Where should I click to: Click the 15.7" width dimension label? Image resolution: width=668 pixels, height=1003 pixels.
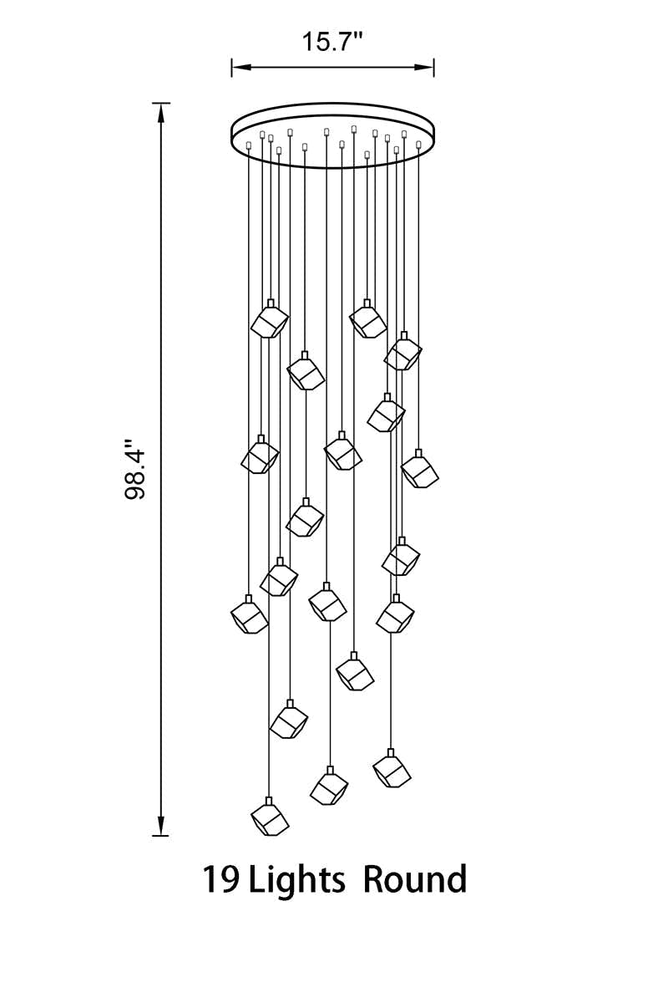click(332, 42)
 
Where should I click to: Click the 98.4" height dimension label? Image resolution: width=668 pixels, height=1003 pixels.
click(135, 469)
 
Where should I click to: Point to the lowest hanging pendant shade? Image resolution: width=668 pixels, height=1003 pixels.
click(270, 817)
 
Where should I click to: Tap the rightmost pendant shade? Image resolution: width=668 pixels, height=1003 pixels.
click(420, 469)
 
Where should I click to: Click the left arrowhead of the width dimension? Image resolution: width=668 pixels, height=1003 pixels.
click(240, 67)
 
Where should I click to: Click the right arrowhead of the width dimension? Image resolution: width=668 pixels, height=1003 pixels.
click(426, 67)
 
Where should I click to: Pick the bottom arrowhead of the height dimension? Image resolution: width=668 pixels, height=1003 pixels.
click(161, 825)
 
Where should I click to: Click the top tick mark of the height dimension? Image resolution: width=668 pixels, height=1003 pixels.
click(161, 103)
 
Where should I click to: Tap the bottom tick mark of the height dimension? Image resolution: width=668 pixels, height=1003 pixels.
click(161, 836)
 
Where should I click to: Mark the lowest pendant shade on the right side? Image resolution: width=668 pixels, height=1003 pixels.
click(392, 768)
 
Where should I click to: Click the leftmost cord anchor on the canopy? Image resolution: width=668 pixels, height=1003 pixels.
click(249, 145)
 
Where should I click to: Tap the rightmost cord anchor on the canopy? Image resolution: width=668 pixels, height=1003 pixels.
click(419, 144)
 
